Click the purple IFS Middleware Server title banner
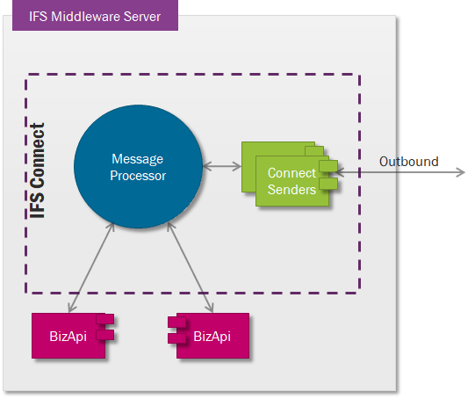95,15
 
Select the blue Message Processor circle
138,166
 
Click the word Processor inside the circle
138,176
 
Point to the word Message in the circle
138,159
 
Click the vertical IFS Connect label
38,170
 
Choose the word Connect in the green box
291,173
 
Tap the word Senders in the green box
291,190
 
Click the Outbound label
408,162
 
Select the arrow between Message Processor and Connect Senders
222,166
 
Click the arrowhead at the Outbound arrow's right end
462,172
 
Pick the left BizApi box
73,336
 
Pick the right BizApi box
209,336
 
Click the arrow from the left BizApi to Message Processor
91,267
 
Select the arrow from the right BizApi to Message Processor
191,267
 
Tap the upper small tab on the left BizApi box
105,319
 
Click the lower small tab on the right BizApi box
176,338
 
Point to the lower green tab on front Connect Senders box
328,184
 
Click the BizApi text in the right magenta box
212,337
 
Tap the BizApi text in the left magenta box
68,337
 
